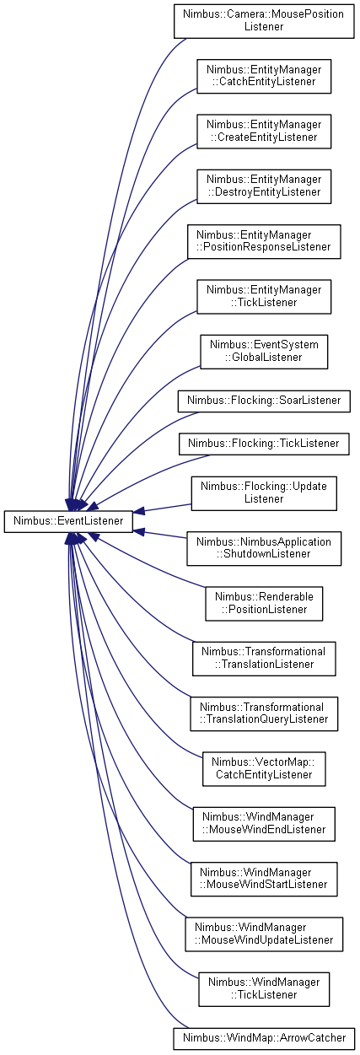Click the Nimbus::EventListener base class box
pyautogui.click(x=68, y=521)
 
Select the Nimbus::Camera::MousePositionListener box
pyautogui.click(x=264, y=21)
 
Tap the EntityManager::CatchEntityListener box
pyautogui.click(x=264, y=76)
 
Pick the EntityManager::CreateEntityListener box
pyautogui.click(x=264, y=132)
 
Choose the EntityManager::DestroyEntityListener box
pyautogui.click(x=264, y=186)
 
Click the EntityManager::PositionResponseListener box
pyautogui.click(x=264, y=242)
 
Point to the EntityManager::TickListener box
pyautogui.click(x=264, y=297)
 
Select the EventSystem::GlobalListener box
pyautogui.click(x=264, y=352)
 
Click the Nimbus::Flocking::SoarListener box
pyautogui.click(x=264, y=401)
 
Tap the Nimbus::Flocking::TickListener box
pyautogui.click(x=264, y=444)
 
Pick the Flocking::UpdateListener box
pyautogui.click(x=264, y=493)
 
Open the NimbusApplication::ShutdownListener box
pyautogui.click(x=264, y=549)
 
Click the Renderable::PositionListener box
pyautogui.click(x=264, y=604)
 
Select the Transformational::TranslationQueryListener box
pyautogui.click(x=264, y=714)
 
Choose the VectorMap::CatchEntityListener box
pyautogui.click(x=264, y=769)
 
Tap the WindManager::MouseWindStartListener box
pyautogui.click(x=264, y=880)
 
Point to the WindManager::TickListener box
pyautogui.click(x=264, y=989)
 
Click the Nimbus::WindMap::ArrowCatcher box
pyautogui.click(x=264, y=1038)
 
